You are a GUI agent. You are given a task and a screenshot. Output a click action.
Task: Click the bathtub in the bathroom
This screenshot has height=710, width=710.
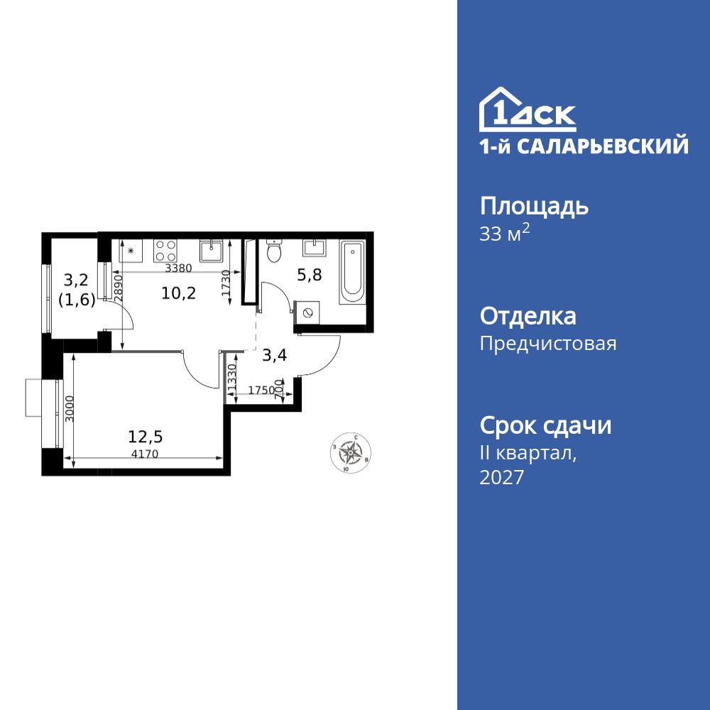click(x=352, y=273)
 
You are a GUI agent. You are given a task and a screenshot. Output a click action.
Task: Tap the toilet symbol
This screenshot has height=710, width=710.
click(x=273, y=251)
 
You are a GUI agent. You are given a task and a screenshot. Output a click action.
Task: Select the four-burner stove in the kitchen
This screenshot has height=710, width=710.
click(x=165, y=251)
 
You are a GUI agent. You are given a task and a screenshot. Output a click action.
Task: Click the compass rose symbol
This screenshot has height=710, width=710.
click(x=350, y=452)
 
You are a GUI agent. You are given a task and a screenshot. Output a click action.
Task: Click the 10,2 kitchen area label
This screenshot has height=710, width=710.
click(x=178, y=293)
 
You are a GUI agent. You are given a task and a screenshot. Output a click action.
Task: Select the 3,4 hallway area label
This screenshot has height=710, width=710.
click(x=274, y=356)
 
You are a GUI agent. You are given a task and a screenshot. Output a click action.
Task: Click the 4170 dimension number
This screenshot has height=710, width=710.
click(x=145, y=454)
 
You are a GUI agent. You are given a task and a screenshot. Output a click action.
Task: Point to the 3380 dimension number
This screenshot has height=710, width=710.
click(x=177, y=268)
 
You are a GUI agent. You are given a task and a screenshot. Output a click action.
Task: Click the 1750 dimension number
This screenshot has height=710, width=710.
click(x=261, y=390)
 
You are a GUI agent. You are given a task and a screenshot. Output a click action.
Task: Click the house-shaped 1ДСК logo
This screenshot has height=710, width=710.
click(x=528, y=110)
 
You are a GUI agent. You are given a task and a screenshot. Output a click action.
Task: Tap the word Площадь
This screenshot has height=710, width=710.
click(x=534, y=207)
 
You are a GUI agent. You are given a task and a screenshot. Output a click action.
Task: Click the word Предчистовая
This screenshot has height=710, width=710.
click(x=548, y=344)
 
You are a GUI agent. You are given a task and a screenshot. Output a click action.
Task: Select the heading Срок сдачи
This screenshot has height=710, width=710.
click(x=545, y=426)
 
